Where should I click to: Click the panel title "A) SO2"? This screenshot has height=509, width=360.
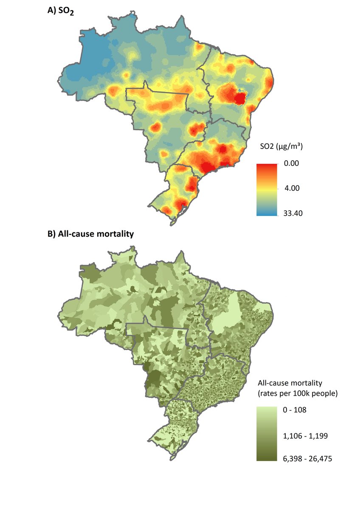click(x=61, y=12)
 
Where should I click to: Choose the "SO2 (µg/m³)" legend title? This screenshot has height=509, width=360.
click(x=281, y=147)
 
